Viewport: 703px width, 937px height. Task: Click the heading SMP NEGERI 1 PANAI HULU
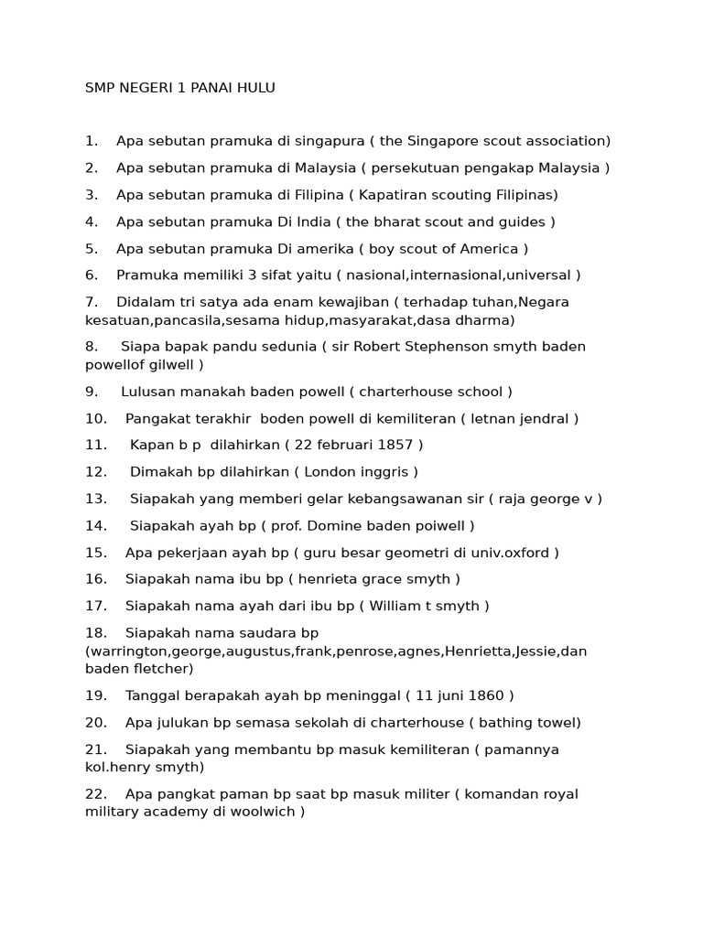point(179,88)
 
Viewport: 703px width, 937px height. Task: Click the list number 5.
point(91,249)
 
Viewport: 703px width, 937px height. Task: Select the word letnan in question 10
point(494,419)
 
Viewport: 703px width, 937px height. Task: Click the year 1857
point(395,446)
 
